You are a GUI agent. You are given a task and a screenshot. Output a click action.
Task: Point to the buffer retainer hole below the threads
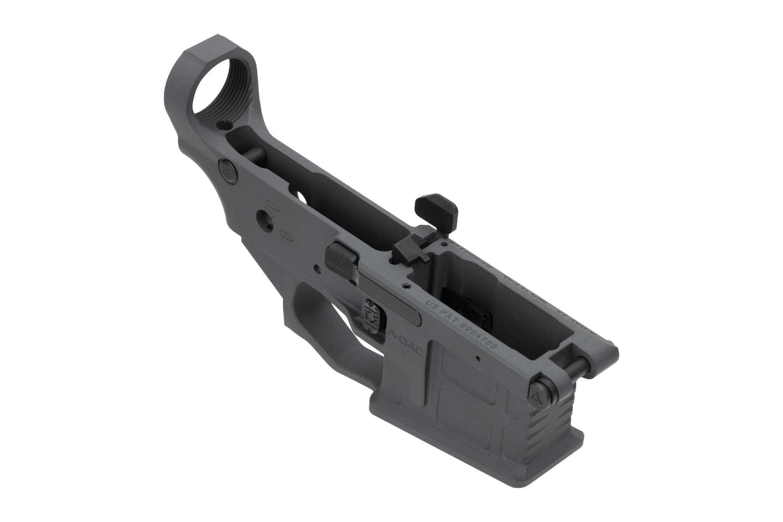click(x=225, y=126)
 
